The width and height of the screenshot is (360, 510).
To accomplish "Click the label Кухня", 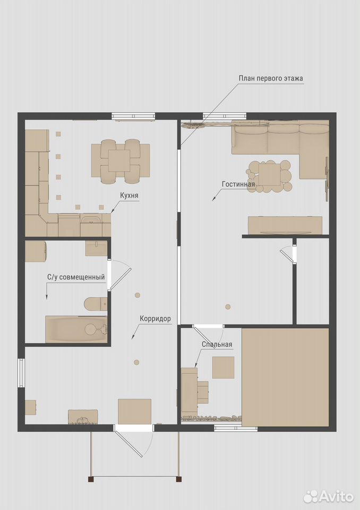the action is [129, 195].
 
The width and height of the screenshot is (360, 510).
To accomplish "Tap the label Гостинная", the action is [238, 184].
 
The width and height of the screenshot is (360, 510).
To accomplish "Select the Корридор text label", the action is [155, 319].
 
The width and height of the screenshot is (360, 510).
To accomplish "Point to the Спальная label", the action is [217, 344].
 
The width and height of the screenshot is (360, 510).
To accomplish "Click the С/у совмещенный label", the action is [76, 277].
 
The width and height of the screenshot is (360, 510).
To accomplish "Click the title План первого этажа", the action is [271, 79].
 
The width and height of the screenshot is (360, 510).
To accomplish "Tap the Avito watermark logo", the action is [329, 496].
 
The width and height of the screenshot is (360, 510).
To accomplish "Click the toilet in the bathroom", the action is [96, 304].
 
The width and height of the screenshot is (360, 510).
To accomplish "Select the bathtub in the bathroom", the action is [76, 329].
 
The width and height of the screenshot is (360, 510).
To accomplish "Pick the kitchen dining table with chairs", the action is [121, 161].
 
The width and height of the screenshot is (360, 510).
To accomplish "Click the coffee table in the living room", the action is [270, 176].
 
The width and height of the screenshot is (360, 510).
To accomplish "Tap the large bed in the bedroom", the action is [286, 377].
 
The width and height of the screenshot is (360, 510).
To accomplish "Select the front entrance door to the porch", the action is [133, 440].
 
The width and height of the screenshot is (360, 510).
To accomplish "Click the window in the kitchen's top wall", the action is [133, 116].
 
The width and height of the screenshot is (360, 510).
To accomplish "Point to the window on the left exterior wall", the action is [21, 373].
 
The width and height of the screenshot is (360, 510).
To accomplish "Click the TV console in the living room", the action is [285, 225].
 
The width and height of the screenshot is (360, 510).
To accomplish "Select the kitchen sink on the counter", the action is [91, 220].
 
